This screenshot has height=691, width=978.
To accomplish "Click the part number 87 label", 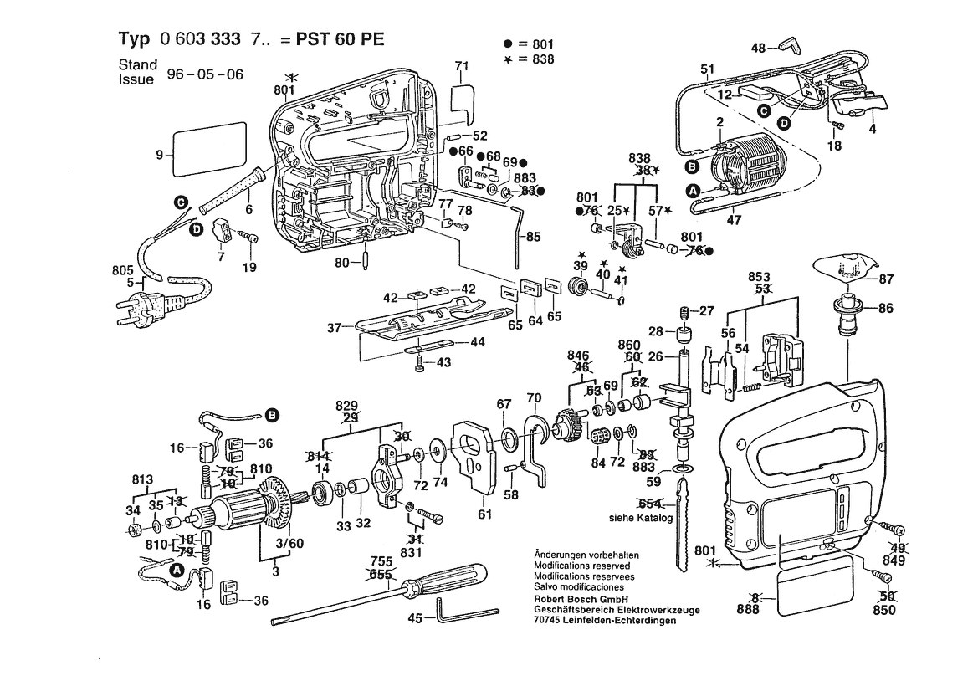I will pyautogui.click(x=886, y=279).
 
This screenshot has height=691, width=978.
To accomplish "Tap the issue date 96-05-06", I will pyautogui.click(x=205, y=74).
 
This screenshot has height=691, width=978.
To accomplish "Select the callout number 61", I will pyautogui.click(x=485, y=514).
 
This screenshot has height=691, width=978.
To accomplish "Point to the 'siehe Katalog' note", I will pyautogui.click(x=641, y=519).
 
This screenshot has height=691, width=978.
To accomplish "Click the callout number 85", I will pyautogui.click(x=533, y=237).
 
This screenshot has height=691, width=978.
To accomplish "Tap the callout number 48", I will pyautogui.click(x=758, y=49).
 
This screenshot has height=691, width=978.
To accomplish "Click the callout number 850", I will pyautogui.click(x=883, y=610).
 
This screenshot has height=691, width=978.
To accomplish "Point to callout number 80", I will pyautogui.click(x=341, y=263).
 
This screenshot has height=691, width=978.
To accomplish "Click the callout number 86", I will pyautogui.click(x=886, y=309).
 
